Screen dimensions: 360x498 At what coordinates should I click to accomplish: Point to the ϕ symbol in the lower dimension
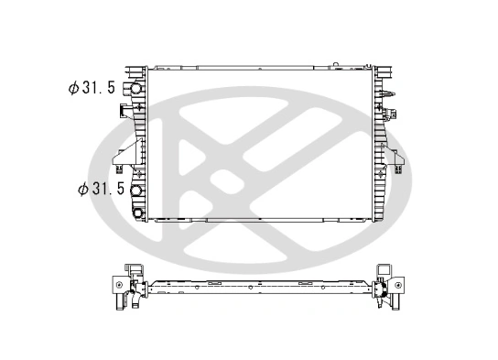click(x=83, y=190)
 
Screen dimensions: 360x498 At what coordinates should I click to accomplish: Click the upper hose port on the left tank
click(x=137, y=91)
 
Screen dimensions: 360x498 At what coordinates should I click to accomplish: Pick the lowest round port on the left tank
click(x=138, y=213)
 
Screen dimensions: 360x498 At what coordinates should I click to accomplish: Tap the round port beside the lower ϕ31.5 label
click(x=137, y=192)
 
